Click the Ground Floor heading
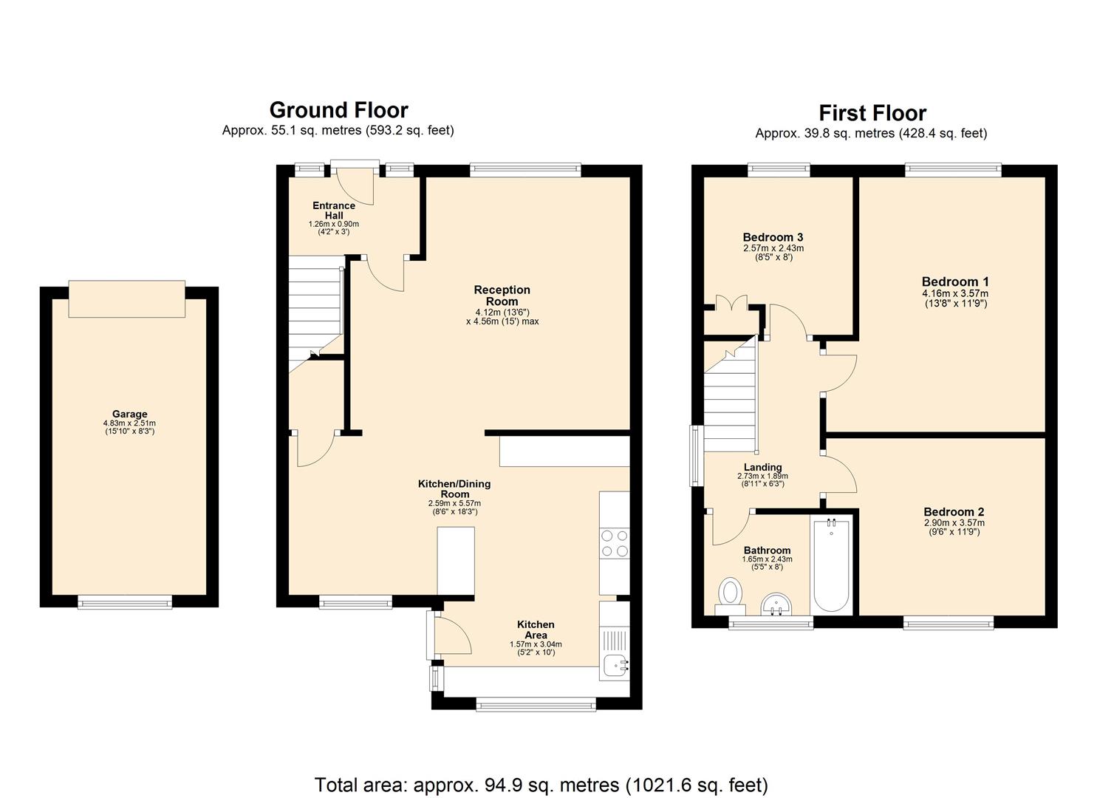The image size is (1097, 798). (338, 110)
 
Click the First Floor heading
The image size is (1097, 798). (872, 113)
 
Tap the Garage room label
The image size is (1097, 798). (129, 414)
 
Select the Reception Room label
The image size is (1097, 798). (502, 296)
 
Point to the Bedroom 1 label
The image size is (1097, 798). (954, 282)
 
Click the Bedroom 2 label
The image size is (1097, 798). (954, 512)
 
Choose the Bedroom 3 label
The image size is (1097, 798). (773, 237)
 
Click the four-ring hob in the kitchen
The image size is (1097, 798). (614, 543)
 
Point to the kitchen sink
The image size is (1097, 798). (614, 666)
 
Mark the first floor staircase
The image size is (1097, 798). (730, 403)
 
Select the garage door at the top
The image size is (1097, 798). (126, 299)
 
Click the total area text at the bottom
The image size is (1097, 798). (541, 784)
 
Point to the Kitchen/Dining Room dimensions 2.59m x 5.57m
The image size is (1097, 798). (454, 503)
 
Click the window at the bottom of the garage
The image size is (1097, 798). (125, 602)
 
